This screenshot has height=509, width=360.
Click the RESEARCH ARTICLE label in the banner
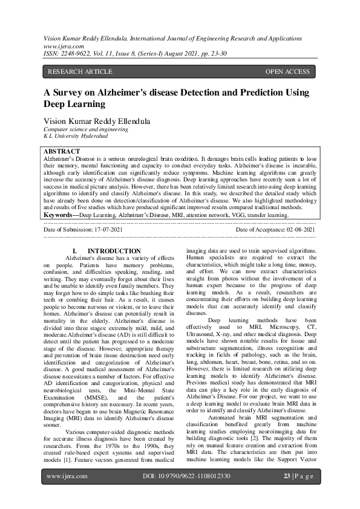coord(80,72)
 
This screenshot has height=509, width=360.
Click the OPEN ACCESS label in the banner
coord(287,72)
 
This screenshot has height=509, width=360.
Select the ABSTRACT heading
coord(62,151)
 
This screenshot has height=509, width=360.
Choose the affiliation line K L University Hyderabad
coord(73,137)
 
